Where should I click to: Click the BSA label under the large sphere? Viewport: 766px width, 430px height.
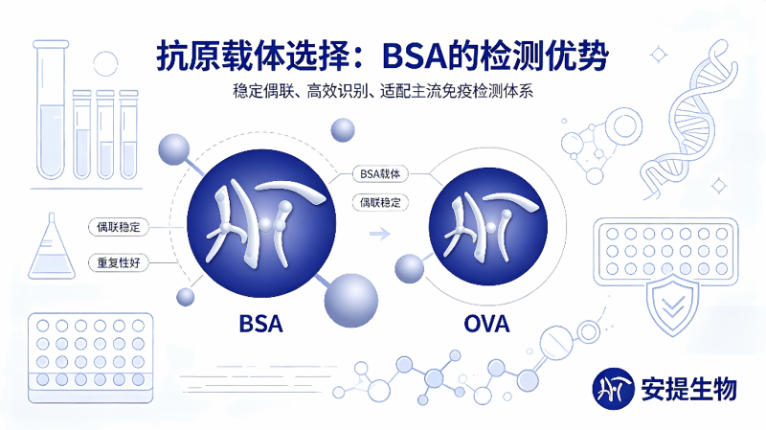click(260, 324)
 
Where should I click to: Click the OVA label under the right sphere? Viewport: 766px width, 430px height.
click(486, 324)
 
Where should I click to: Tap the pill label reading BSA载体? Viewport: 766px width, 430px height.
click(380, 174)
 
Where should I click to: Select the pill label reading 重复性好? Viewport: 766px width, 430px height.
click(119, 263)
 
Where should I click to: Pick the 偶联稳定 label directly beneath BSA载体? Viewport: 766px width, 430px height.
click(380, 202)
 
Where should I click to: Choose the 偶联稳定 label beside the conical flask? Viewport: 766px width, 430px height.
click(119, 227)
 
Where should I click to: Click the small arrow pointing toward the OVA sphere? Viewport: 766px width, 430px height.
click(379, 234)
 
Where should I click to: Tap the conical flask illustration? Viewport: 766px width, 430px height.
click(52, 247)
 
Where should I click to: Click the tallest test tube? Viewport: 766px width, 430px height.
click(51, 110)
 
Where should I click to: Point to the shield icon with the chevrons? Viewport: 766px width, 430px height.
click(673, 305)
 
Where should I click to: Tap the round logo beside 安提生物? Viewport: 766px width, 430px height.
click(613, 389)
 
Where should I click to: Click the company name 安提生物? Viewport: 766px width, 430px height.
click(688, 390)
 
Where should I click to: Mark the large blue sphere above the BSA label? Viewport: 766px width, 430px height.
click(261, 223)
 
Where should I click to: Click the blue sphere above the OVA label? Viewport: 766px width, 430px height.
click(488, 227)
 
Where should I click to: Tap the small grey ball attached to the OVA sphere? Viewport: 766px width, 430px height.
click(410, 269)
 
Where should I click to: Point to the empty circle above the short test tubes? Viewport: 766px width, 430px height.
click(105, 63)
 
